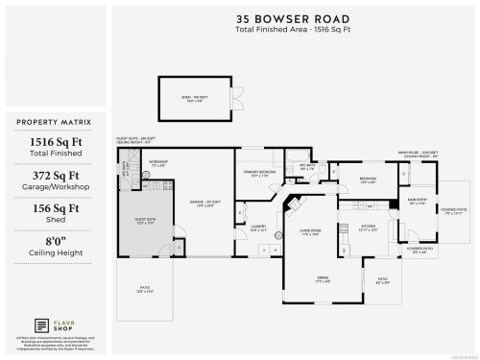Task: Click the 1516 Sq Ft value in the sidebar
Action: [x=54, y=146]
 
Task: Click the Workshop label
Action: [x=157, y=164]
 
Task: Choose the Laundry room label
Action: [x=258, y=228]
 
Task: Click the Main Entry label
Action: [x=418, y=203]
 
